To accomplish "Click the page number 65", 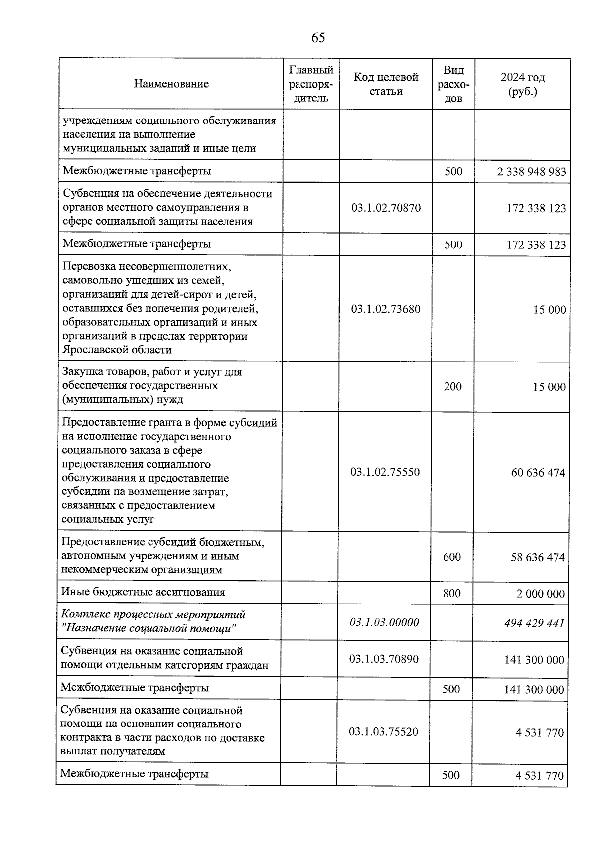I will pyautogui.click(x=318, y=38).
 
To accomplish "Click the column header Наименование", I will pyautogui.click(x=171, y=84).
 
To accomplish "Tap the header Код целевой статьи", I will pyautogui.click(x=386, y=84).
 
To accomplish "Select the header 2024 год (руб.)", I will pyautogui.click(x=522, y=84).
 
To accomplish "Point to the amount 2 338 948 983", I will pyautogui.click(x=531, y=172).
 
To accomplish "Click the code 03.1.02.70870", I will pyautogui.click(x=386, y=208).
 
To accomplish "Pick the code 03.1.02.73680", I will pyautogui.click(x=386, y=309).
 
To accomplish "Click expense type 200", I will pyautogui.click(x=452, y=386).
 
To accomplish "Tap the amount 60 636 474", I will pyautogui.click(x=538, y=472).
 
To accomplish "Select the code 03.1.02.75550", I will pyautogui.click(x=385, y=472).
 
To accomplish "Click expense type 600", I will pyautogui.click(x=451, y=557).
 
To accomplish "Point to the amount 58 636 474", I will pyautogui.click(x=537, y=557).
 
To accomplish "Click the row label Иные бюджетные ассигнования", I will pyautogui.click(x=143, y=592).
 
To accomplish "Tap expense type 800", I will pyautogui.click(x=451, y=593).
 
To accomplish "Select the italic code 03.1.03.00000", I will pyautogui.click(x=384, y=622).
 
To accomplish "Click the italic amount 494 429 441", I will pyautogui.click(x=534, y=623).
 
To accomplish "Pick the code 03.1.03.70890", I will pyautogui.click(x=384, y=659).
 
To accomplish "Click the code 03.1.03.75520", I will pyautogui.click(x=383, y=732).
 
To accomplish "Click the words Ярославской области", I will pyautogui.click(x=117, y=350).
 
